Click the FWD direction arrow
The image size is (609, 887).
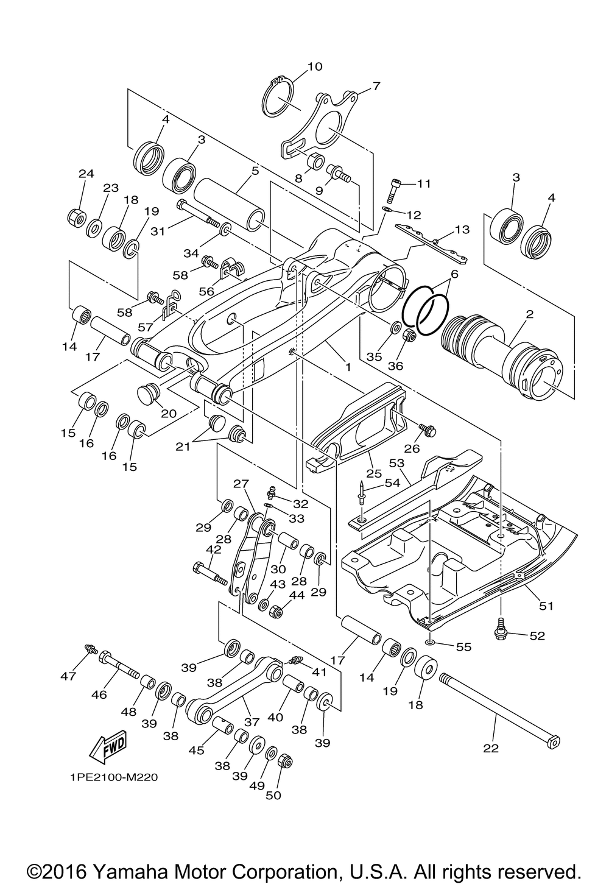108,747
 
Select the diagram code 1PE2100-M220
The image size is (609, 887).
114,777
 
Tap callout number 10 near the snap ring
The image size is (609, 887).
315,66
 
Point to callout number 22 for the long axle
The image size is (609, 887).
491,748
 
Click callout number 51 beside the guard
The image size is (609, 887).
546,606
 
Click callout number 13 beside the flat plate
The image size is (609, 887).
462,229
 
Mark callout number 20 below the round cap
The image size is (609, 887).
168,414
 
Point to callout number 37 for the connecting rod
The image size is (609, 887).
252,722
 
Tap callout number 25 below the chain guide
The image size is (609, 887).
374,473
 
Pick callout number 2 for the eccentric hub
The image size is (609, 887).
529,314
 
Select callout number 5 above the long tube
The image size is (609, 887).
255,171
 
